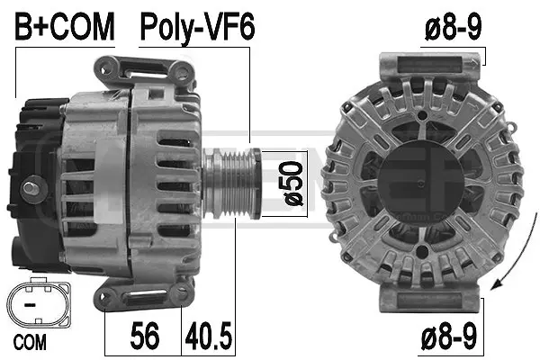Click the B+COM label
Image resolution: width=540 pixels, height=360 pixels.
pos(65,27)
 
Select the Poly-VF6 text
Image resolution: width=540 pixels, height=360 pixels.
pos(197,27)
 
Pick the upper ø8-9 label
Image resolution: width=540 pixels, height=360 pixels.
pos(453,27)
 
